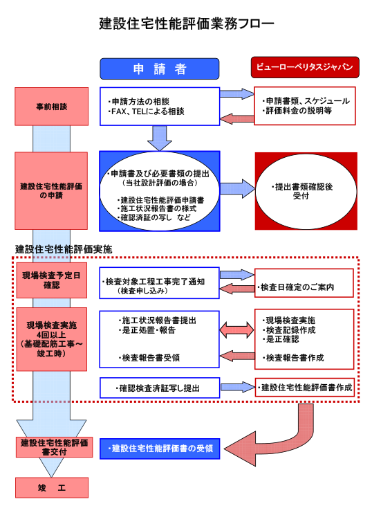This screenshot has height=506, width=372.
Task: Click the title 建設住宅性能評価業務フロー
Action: click(186, 24)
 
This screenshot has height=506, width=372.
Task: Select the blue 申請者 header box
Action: click(159, 69)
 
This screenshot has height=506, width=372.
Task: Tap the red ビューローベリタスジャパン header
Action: click(305, 67)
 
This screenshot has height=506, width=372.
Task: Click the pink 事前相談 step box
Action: click(52, 107)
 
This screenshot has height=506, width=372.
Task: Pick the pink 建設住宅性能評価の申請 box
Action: click(51, 191)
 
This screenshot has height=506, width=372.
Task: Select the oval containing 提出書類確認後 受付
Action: click(306, 191)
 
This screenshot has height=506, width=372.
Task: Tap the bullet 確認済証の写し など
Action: click(154, 217)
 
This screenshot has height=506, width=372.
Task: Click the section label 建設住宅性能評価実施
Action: click(64, 249)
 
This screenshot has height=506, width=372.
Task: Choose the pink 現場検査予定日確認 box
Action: click(52, 280)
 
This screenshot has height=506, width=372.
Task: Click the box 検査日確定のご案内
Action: click(304, 283)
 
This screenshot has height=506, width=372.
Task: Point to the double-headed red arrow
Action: click(236, 329)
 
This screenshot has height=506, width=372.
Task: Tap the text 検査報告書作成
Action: click(293, 358)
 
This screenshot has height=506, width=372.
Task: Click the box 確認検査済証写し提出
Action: click(160, 388)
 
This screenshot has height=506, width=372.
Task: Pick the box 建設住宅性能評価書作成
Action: click(305, 387)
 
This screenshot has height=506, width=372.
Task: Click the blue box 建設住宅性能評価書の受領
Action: click(160, 449)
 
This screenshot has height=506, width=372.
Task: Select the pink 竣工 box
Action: click(52, 487)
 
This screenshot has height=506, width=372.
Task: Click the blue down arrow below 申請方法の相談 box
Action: click(160, 138)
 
